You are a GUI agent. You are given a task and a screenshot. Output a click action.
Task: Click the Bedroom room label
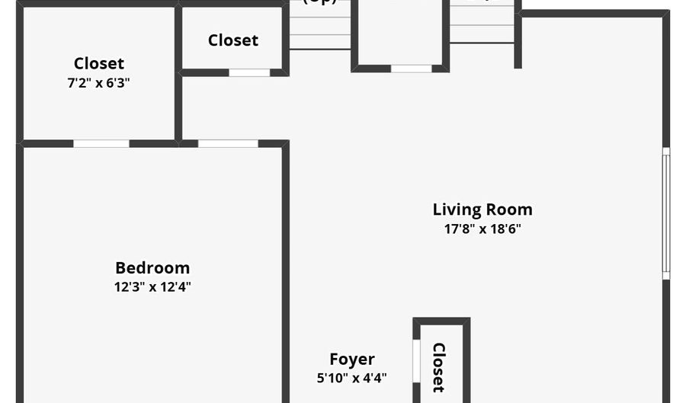[152, 268]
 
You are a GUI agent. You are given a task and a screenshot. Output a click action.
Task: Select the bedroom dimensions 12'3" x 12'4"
[152, 287]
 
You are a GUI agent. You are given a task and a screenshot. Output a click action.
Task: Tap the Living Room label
[482, 209]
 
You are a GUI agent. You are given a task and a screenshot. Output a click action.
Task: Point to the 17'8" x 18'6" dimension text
[482, 229]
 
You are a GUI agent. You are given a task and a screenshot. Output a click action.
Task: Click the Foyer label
[351, 360]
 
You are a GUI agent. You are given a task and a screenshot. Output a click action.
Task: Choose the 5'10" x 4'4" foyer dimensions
[351, 377]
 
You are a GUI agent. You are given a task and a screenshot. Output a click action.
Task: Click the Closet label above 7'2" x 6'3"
[98, 64]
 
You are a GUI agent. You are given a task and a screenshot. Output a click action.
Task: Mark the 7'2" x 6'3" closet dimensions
[98, 82]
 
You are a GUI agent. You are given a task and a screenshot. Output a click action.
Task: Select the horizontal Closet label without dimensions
[233, 40]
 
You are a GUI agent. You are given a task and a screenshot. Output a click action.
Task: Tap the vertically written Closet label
[439, 367]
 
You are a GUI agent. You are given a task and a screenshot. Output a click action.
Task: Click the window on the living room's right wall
[665, 213]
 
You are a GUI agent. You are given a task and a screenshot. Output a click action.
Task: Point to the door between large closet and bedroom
[101, 143]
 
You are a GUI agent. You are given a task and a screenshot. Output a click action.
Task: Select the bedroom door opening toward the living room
[228, 143]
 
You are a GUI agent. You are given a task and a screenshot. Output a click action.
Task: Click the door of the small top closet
[249, 73]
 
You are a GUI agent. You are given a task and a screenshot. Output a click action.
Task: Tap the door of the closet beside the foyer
[416, 360]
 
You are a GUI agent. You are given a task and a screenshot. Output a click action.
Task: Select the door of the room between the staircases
[411, 69]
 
